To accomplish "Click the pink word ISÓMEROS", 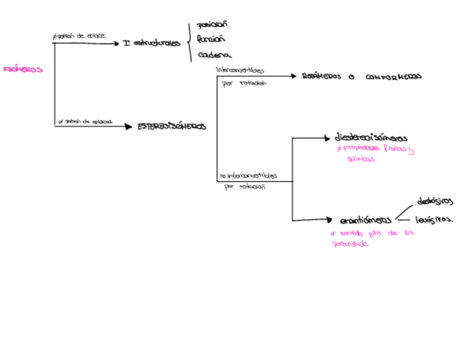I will click(x=22, y=70).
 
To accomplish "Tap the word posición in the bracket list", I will click(x=212, y=25).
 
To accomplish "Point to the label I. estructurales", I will click(x=152, y=43).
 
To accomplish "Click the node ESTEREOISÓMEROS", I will click(x=172, y=126).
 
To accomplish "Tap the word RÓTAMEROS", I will click(x=321, y=77).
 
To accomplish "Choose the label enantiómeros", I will click(x=365, y=221).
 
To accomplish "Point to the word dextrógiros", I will click(x=435, y=201).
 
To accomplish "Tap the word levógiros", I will click(x=434, y=220).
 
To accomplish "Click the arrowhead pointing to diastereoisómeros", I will click(x=328, y=138).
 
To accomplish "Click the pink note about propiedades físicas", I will click(x=375, y=153).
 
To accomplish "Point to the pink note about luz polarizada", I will click(x=371, y=238).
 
